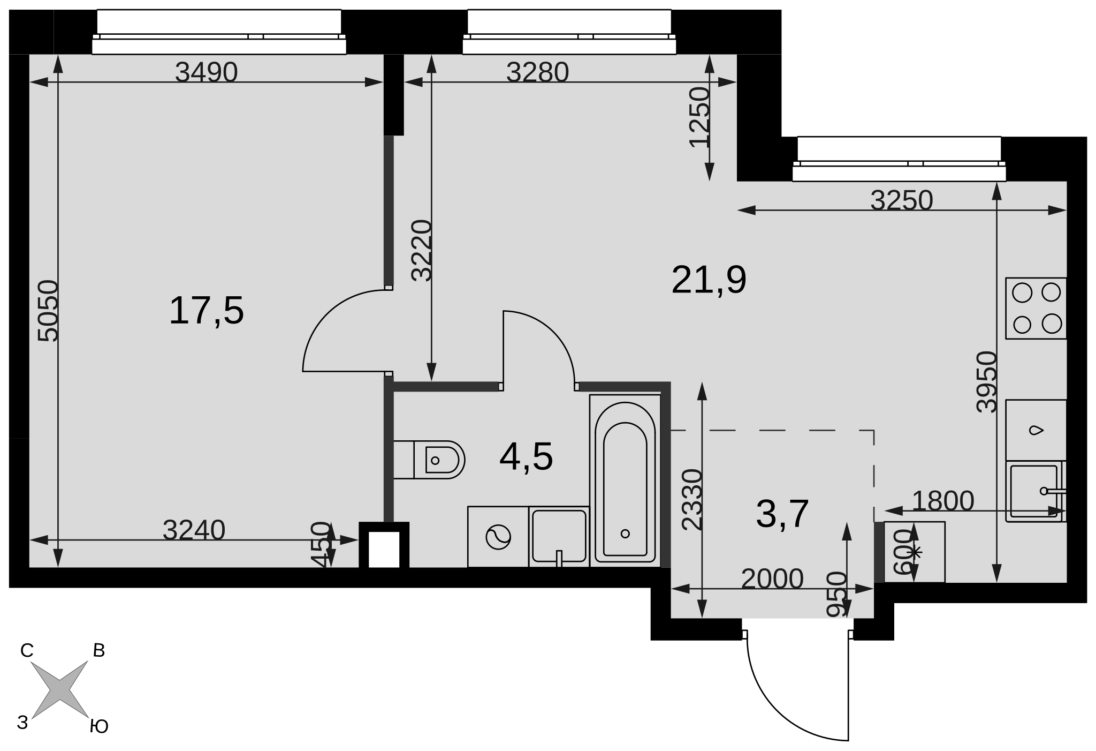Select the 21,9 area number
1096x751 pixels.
pyautogui.click(x=709, y=280)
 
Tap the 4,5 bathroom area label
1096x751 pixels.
pyautogui.click(x=526, y=457)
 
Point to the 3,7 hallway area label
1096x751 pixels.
pyautogui.click(x=782, y=514)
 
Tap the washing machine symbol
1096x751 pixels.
pyautogui.click(x=498, y=537)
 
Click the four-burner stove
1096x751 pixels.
pyautogui.click(x=1036, y=308)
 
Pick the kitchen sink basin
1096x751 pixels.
pyautogui.click(x=1034, y=491)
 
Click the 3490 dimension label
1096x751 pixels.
pyautogui.click(x=206, y=72)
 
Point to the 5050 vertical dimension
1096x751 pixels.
pyautogui.click(x=48, y=311)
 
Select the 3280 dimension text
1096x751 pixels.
pyautogui.click(x=537, y=72)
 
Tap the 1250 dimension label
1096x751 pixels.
pyautogui.click(x=699, y=117)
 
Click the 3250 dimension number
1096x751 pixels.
pyautogui.click(x=902, y=200)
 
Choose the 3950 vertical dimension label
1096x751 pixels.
pyautogui.click(x=987, y=382)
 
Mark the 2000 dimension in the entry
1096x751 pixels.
pyautogui.click(x=772, y=578)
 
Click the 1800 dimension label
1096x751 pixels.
pyautogui.click(x=942, y=501)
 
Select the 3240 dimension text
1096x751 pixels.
pyautogui.click(x=194, y=530)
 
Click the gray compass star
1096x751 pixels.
pyautogui.click(x=59, y=689)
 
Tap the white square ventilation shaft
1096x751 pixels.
pyautogui.click(x=384, y=549)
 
